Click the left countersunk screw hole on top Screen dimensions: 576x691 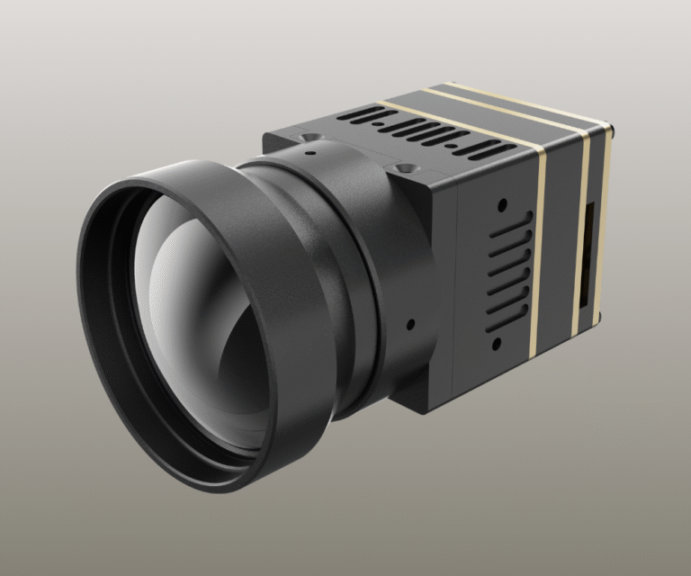tap(309, 137)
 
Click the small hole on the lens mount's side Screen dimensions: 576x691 tap(410, 323)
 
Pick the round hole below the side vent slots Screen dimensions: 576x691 tap(495, 344)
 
